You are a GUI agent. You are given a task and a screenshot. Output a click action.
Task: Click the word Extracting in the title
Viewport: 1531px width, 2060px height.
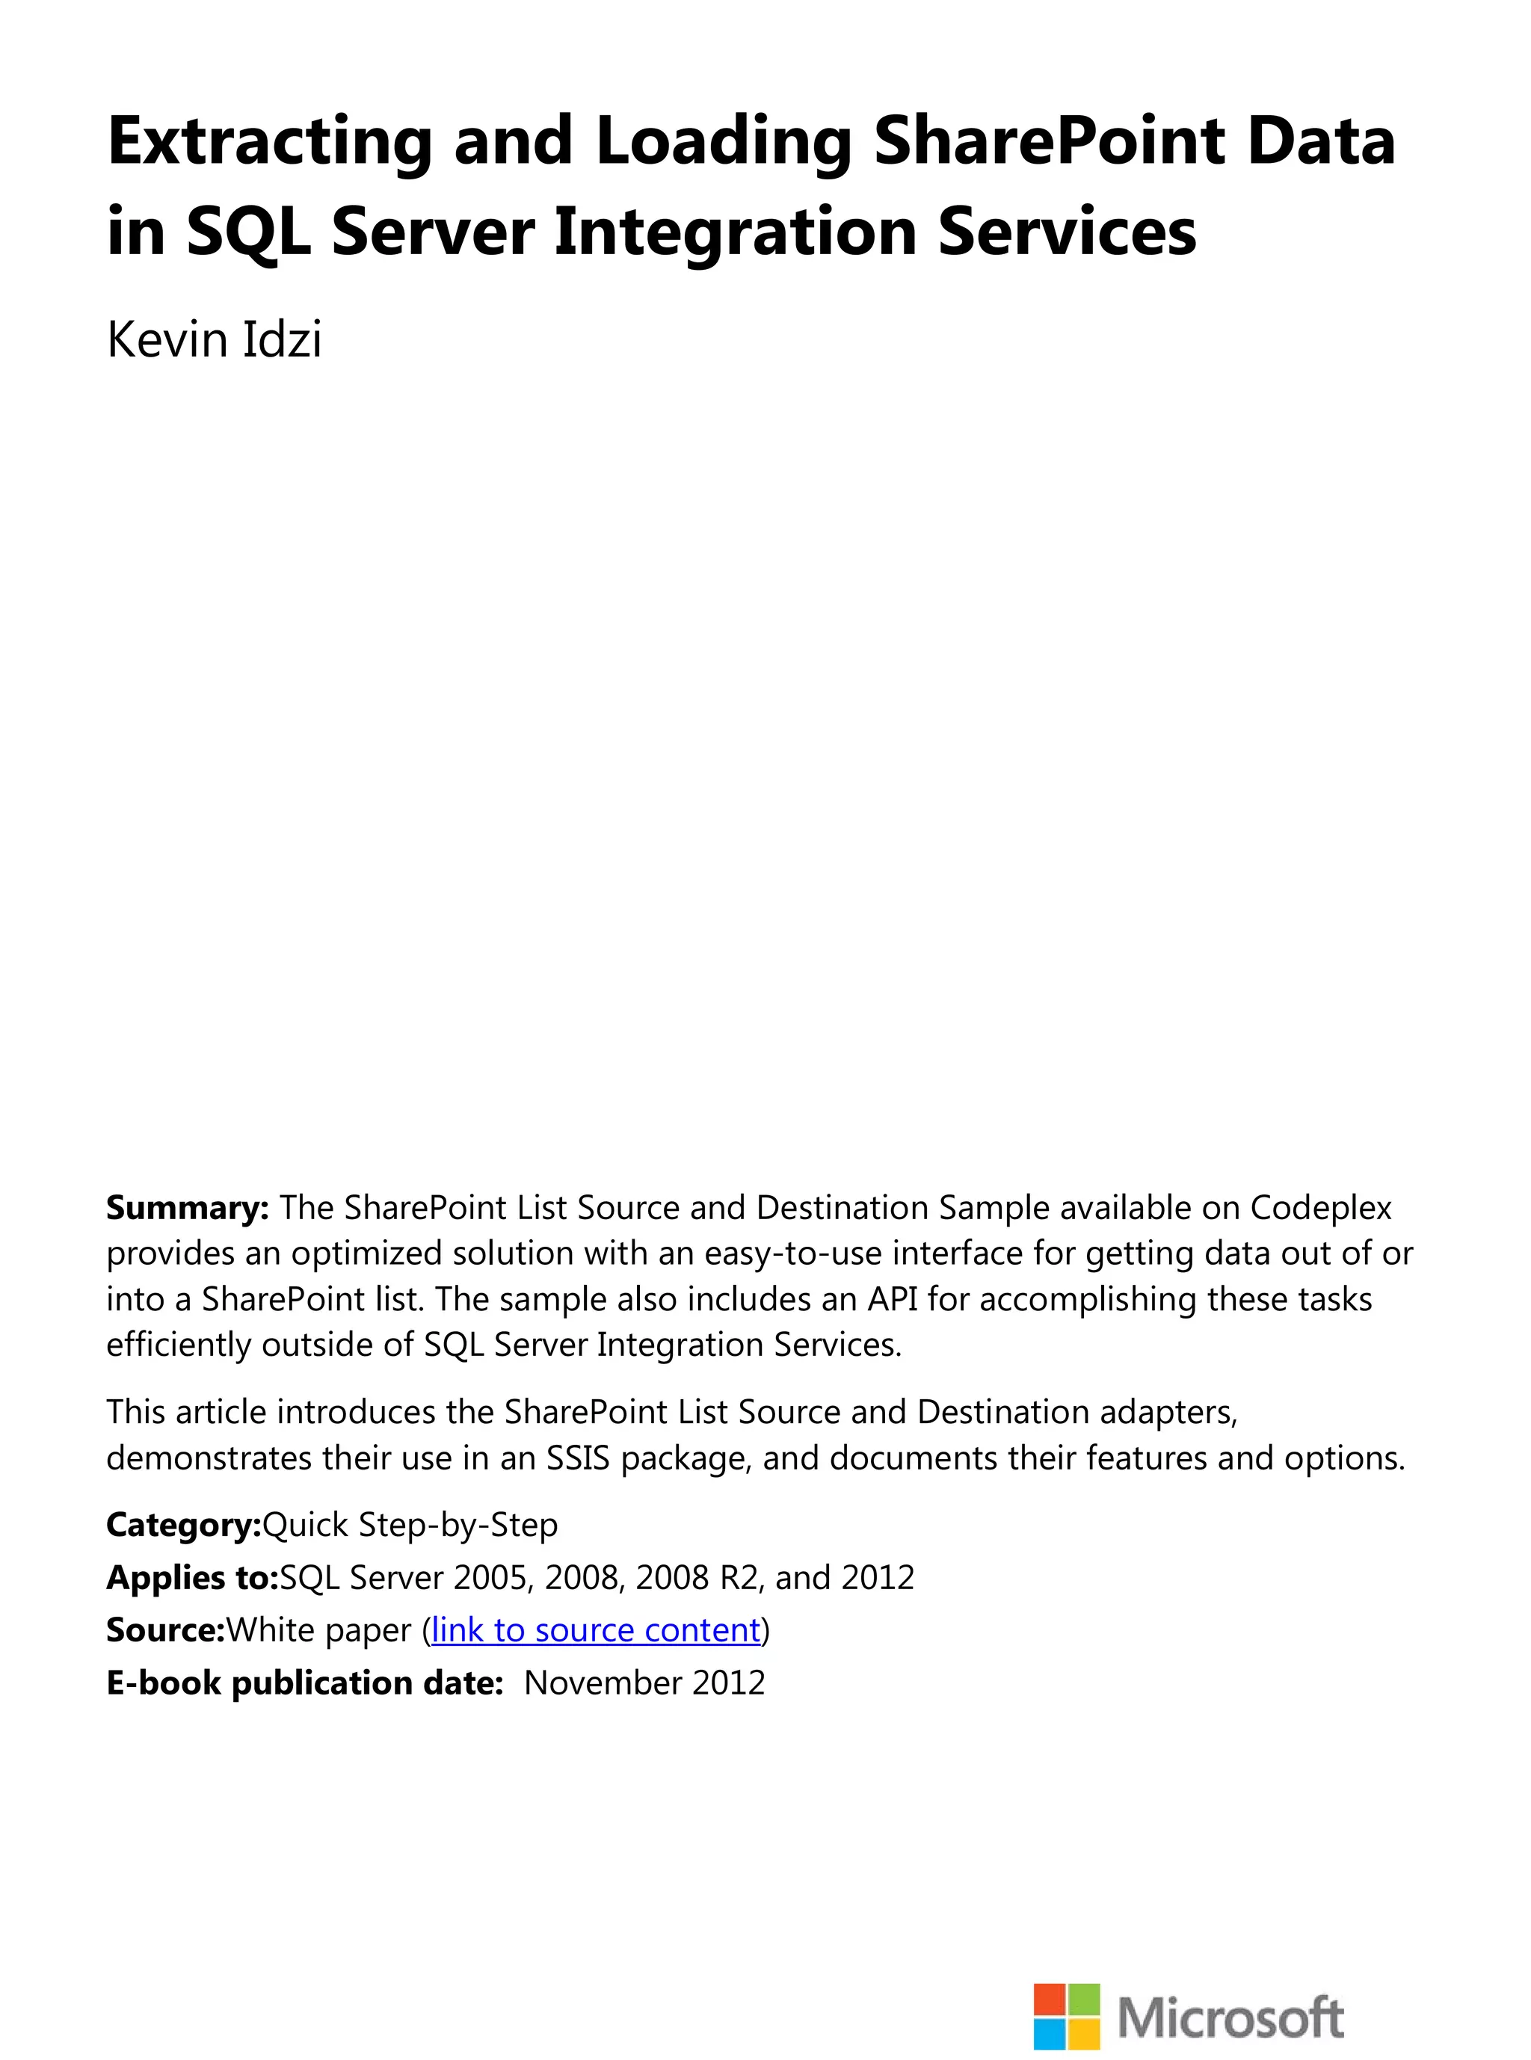click(x=270, y=141)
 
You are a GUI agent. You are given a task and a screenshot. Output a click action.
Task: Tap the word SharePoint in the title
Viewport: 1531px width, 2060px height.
click(x=1048, y=141)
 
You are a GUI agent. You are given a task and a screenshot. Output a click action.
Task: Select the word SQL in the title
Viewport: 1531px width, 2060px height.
click(x=247, y=232)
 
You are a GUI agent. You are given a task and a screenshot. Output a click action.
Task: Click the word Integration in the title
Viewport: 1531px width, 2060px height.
click(x=736, y=232)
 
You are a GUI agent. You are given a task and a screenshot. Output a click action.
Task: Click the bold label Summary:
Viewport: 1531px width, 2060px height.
click(x=187, y=1207)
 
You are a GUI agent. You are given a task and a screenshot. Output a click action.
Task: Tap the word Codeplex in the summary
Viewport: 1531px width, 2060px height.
click(x=1321, y=1207)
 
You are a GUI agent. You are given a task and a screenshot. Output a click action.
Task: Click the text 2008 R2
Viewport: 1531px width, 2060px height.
click(x=697, y=1577)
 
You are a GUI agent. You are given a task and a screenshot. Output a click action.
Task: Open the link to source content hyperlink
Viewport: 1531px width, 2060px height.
click(x=596, y=1630)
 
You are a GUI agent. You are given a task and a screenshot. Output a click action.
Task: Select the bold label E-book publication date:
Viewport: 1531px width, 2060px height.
click(x=305, y=1683)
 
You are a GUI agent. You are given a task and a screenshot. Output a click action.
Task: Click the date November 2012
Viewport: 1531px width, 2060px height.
click(x=645, y=1683)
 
